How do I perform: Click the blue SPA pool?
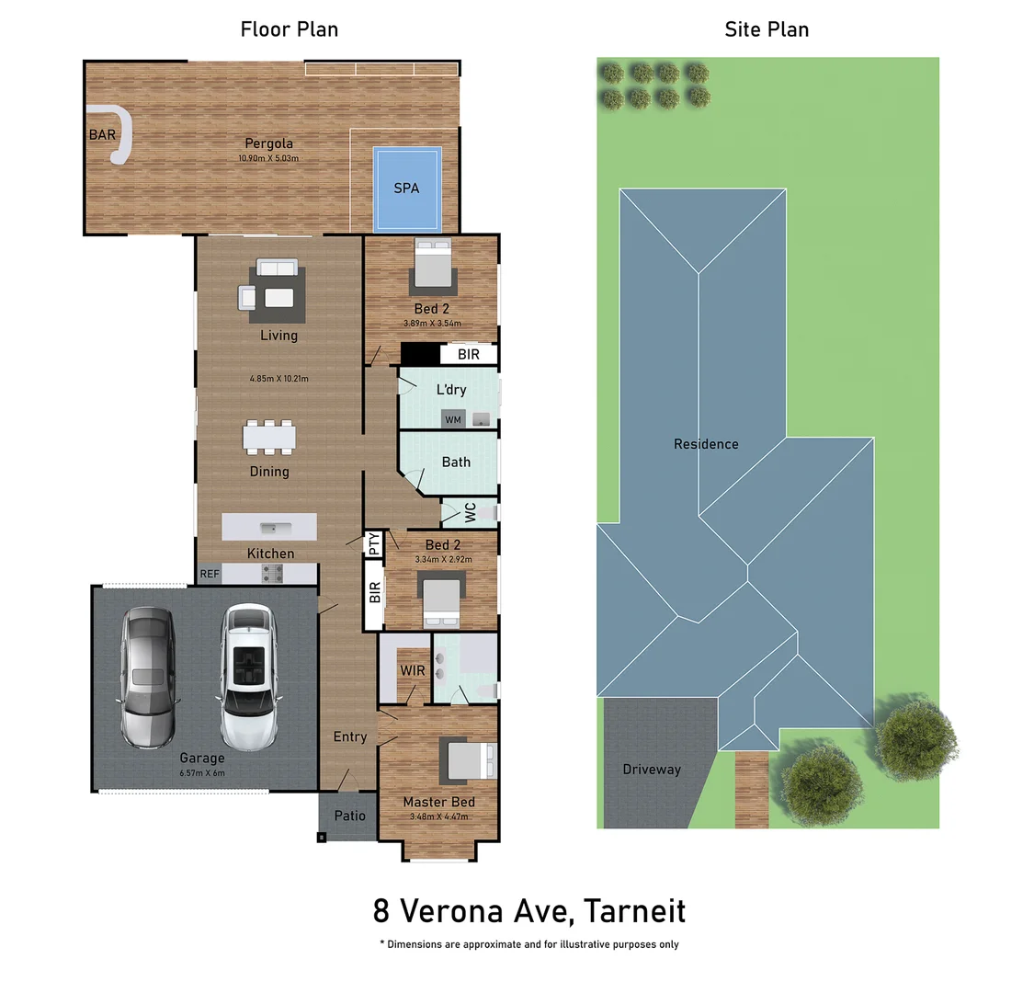(x=406, y=188)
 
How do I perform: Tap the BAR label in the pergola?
(x=102, y=135)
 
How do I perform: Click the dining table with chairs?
(x=269, y=437)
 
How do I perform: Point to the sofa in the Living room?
(x=277, y=268)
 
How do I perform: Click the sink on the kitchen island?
(x=270, y=528)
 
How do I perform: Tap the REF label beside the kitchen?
(x=210, y=574)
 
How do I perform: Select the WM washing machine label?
(x=453, y=420)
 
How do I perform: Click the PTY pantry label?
(x=373, y=543)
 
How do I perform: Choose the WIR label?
(x=413, y=670)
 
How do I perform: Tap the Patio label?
(x=349, y=816)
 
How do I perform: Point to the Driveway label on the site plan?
(x=652, y=770)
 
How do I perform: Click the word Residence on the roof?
(x=706, y=444)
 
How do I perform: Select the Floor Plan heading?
(x=290, y=29)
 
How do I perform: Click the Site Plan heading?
(x=767, y=29)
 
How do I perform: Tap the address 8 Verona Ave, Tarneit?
(x=529, y=911)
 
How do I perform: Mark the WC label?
(x=470, y=512)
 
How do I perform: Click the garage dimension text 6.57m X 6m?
(x=202, y=773)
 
